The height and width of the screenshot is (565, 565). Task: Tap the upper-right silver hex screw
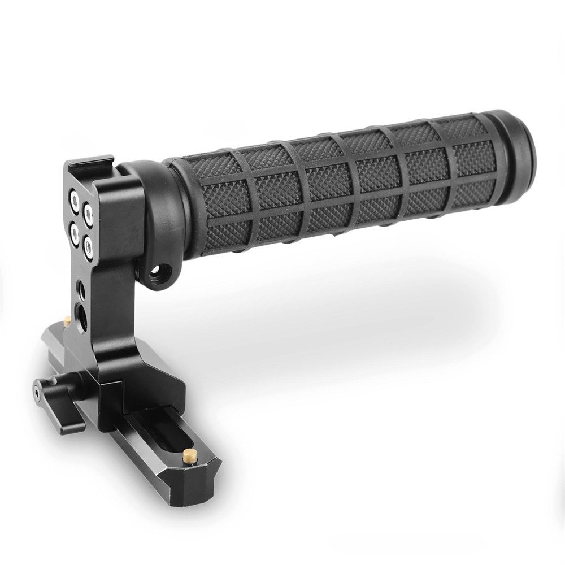coord(89,212)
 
